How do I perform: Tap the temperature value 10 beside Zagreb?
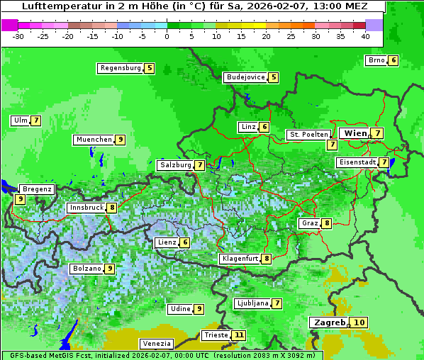[359, 322]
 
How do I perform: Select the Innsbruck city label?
[85, 208]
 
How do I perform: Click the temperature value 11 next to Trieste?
[239, 335]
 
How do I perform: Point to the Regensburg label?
[121, 68]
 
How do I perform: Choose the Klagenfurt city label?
[239, 259]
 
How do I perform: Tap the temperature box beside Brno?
[393, 60]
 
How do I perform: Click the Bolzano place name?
[87, 269]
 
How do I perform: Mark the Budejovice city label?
[245, 77]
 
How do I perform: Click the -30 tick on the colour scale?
[18, 36]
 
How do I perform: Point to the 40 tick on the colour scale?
[365, 36]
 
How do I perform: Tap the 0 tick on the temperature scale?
[167, 36]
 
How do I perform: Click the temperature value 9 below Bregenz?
[20, 200]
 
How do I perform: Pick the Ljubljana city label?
[252, 303]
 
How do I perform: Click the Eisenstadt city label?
[357, 162]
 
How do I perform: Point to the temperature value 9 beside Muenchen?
[121, 140]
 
